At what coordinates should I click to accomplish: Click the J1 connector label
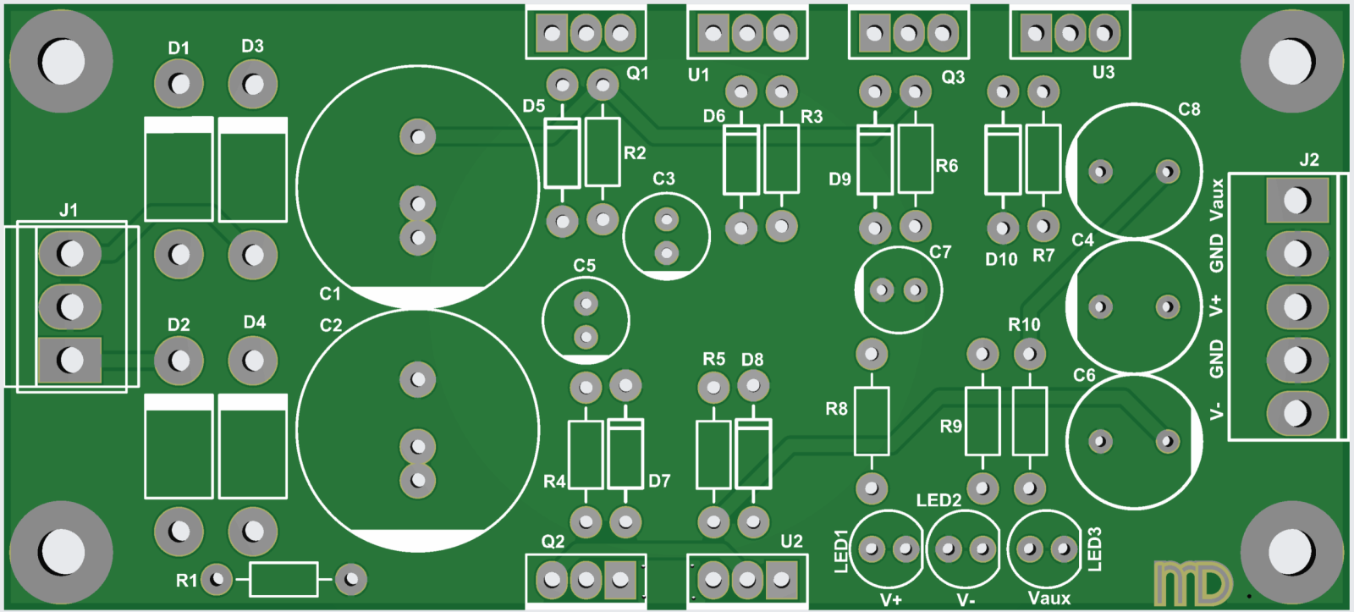click(69, 209)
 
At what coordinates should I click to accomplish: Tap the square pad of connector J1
click(69, 360)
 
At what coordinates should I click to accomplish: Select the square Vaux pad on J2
click(1296, 201)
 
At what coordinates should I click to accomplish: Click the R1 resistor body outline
click(283, 580)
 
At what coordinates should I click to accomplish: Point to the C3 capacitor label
click(663, 179)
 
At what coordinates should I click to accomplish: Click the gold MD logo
click(1192, 583)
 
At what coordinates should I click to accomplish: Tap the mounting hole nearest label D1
click(61, 61)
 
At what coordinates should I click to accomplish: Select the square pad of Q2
click(620, 580)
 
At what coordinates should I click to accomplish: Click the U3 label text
click(1104, 73)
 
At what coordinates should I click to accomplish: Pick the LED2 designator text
click(938, 500)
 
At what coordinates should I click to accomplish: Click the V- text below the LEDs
click(966, 599)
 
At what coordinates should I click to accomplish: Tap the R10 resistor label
click(1024, 324)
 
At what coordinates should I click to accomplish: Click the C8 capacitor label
click(1189, 109)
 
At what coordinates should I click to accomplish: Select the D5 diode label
click(533, 106)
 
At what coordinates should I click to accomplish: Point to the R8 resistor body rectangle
click(871, 421)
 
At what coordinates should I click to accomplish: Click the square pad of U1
click(713, 34)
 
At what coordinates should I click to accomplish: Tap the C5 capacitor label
click(584, 265)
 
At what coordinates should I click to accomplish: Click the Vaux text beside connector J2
click(1217, 200)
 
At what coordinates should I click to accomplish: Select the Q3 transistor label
click(953, 77)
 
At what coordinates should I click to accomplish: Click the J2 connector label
click(1308, 159)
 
